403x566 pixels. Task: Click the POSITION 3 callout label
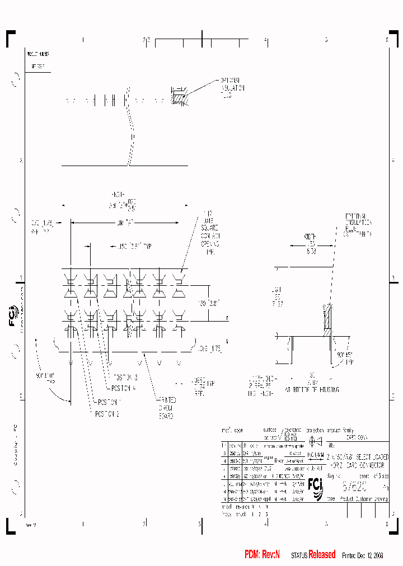pyautogui.click(x=126, y=378)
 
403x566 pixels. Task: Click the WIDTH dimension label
pyautogui.click(x=310, y=237)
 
